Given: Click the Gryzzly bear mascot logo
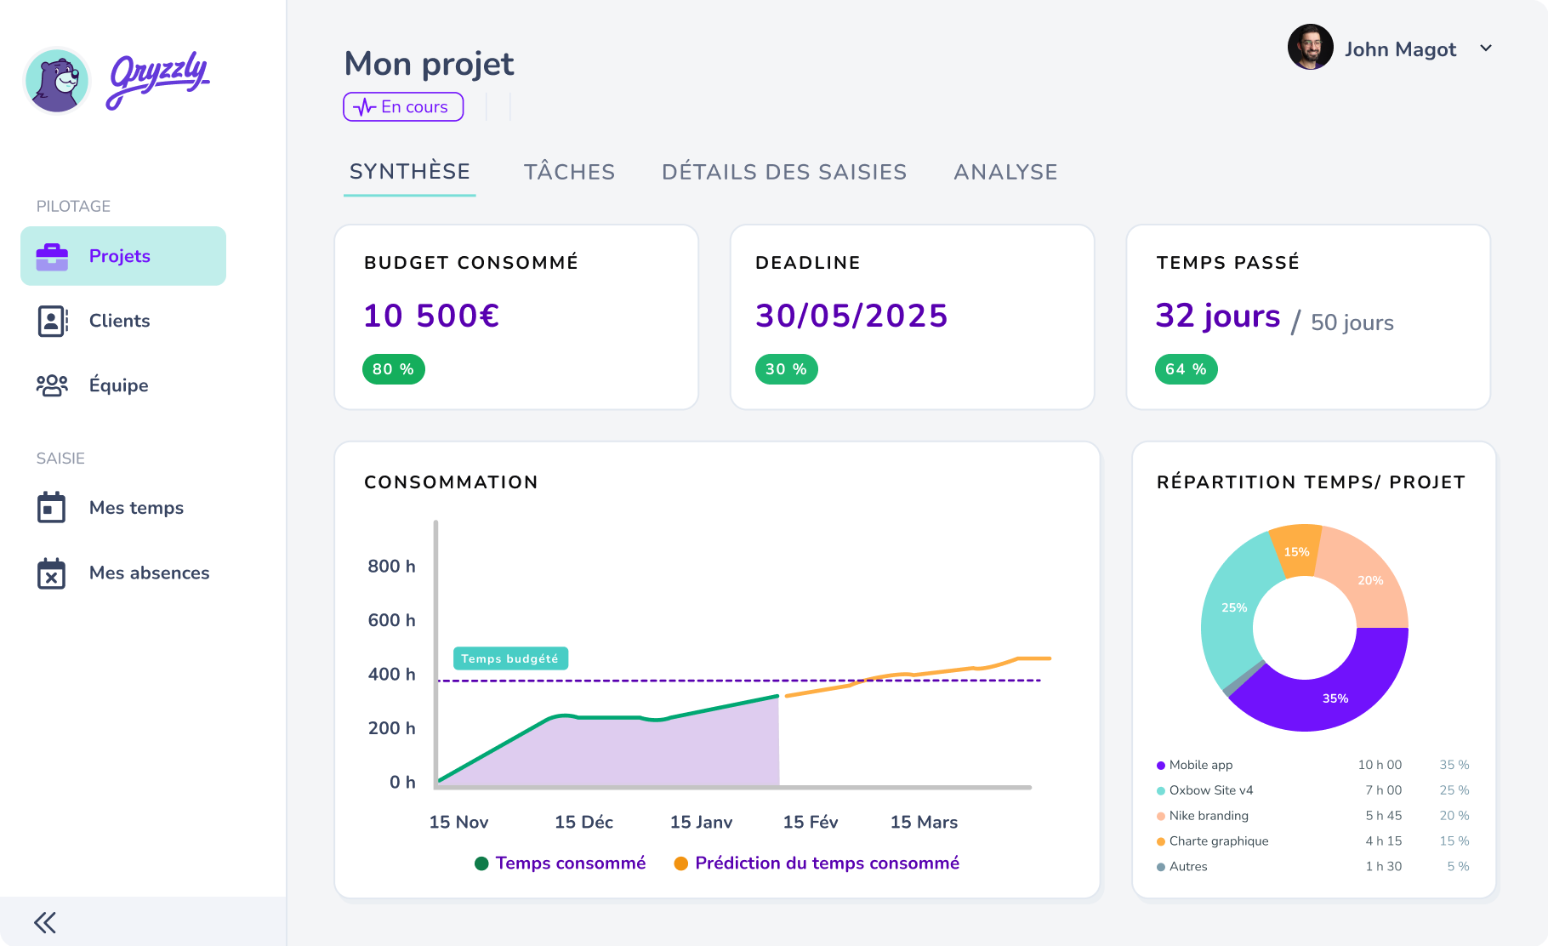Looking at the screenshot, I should coord(57,81).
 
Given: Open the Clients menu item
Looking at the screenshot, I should coord(119,321).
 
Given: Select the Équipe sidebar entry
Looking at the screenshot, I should coord(118,385).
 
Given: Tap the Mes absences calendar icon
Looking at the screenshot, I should coord(51,573).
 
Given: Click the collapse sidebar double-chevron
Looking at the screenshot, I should coord(45,922).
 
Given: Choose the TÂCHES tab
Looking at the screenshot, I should coord(569,172).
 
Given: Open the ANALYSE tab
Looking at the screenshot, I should coord(1005,172).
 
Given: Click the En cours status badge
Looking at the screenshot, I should coord(403,107).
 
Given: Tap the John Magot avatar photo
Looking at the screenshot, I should coord(1310,48).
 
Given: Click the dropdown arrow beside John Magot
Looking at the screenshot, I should coord(1486,48).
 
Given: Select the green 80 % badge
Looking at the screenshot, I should coord(393,369).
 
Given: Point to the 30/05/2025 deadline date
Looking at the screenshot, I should coord(851,316).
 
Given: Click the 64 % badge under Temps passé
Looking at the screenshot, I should coord(1186,369).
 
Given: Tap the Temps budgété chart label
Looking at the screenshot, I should coord(509,658).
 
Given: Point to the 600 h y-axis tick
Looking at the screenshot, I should coord(391,620).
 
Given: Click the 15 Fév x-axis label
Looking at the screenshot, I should coord(810,822).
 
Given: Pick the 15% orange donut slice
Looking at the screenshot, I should coord(1295,551).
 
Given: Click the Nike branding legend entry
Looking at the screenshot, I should coord(1208,815).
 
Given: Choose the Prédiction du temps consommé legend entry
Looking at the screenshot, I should coord(826,863).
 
